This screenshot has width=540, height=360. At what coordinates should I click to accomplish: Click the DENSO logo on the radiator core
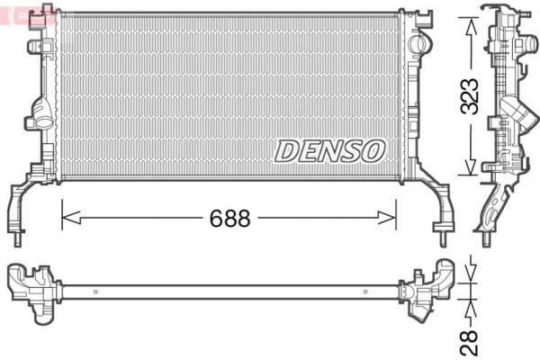point(329,150)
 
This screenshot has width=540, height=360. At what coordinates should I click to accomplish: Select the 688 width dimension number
point(230,218)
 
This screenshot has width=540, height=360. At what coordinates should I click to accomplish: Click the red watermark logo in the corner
point(27,13)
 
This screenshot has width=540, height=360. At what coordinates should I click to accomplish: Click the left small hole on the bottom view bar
point(95,291)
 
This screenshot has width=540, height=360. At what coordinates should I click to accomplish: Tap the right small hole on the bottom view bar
point(364,291)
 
